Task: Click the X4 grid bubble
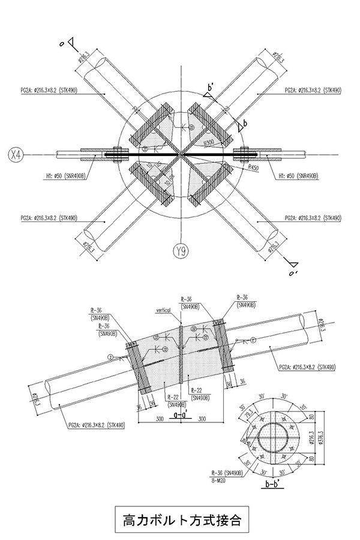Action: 17,155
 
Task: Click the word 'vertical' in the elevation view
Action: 163,310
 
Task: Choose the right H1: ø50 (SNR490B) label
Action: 298,176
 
